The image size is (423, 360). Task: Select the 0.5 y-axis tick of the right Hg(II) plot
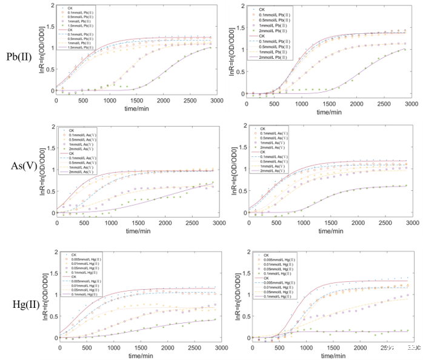coord(246,316)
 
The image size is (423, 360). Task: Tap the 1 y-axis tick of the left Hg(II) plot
coord(55,295)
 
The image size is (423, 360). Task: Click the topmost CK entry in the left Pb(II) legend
coord(72,8)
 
